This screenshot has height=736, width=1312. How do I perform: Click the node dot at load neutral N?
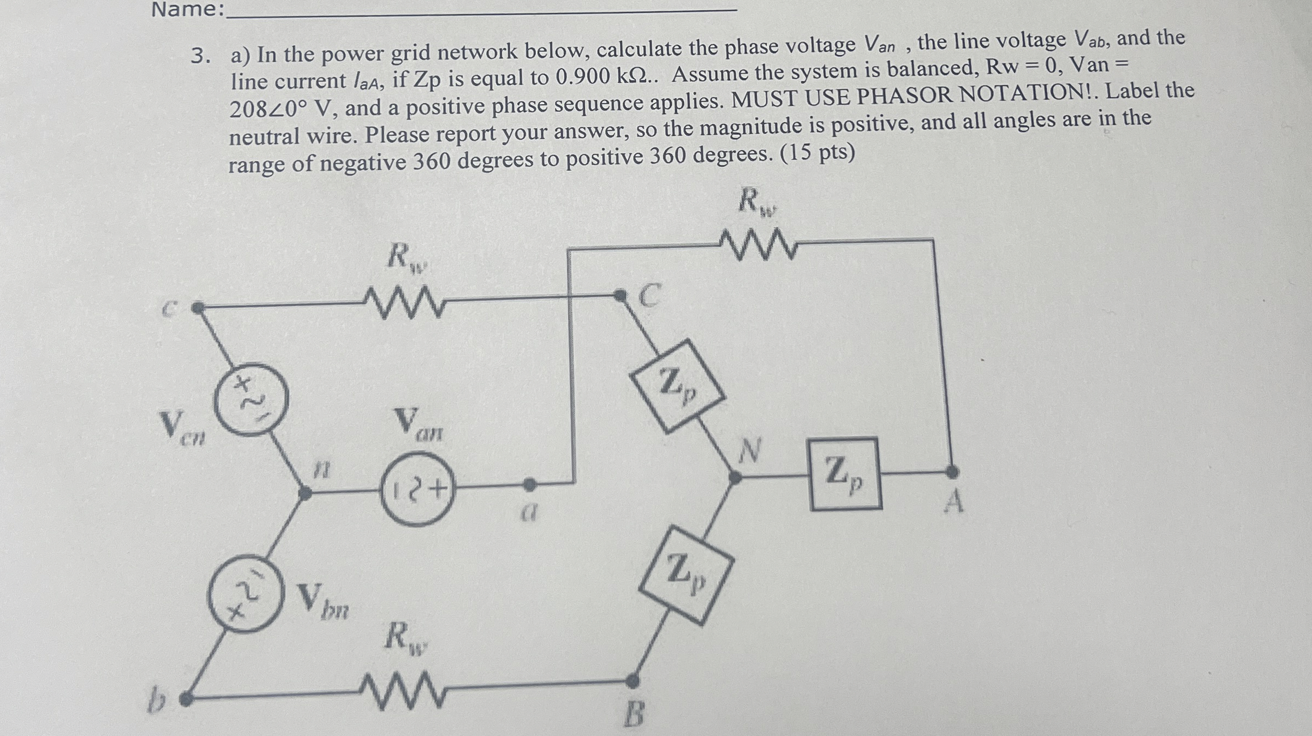(x=736, y=478)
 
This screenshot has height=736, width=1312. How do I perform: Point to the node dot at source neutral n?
(x=306, y=494)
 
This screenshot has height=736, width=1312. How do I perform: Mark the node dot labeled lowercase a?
(x=529, y=484)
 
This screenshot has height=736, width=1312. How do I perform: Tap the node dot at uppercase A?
(x=951, y=471)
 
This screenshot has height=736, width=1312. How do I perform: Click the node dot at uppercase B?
(x=632, y=680)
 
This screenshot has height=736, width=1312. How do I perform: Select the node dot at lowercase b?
(x=186, y=699)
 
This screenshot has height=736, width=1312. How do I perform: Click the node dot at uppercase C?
(x=620, y=296)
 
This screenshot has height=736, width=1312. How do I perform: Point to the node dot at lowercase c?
(x=199, y=308)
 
